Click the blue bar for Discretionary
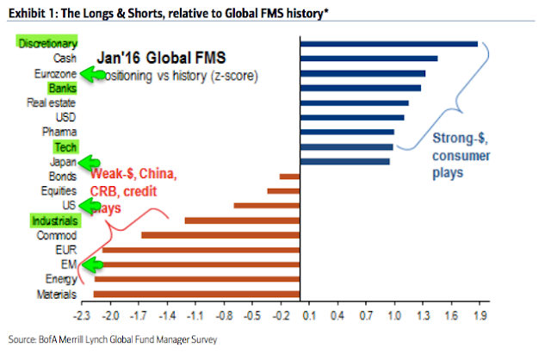tap(388, 44)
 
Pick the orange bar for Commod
tap(220, 234)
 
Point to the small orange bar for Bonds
tap(289, 176)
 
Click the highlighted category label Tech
tap(65, 147)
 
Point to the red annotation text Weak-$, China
tap(133, 176)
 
